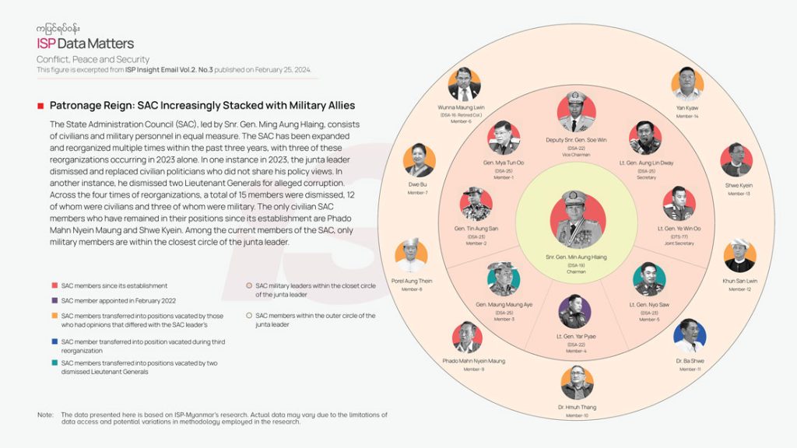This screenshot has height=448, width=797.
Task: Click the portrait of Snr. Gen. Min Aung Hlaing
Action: coord(577,219)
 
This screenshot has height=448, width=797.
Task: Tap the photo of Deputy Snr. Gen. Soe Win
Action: coord(577,112)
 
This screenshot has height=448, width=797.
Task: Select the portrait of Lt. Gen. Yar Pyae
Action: coord(574,310)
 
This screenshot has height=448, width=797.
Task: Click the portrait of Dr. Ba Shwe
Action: coord(690,335)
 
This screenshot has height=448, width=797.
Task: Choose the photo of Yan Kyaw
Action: coord(687,83)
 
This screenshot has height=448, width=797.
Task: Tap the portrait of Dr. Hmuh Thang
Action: coord(577,383)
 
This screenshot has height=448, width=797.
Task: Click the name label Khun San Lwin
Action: coord(739,281)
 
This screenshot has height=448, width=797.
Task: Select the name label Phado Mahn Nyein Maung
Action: coord(474,361)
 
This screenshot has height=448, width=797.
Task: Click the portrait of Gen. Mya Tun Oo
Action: coord(504,138)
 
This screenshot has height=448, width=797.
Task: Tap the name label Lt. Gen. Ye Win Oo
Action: coord(679,229)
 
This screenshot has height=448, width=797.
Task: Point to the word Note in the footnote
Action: coord(45,415)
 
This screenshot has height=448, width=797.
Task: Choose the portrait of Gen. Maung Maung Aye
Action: coord(504,278)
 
